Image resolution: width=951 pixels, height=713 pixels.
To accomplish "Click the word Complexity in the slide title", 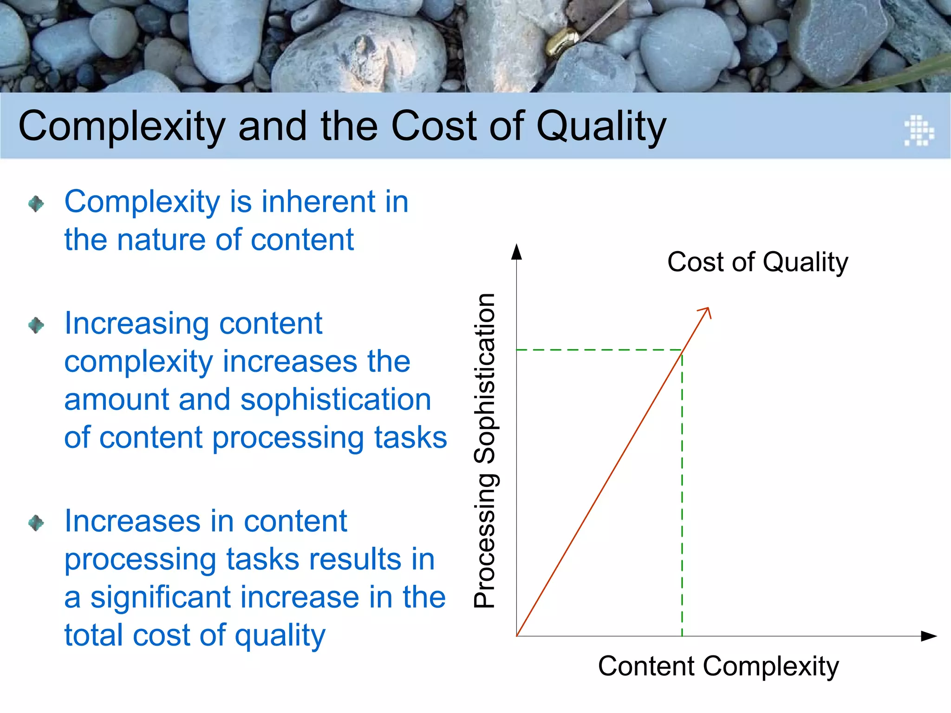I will (x=122, y=126).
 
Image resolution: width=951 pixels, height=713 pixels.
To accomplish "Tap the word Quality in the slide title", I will (x=601, y=126).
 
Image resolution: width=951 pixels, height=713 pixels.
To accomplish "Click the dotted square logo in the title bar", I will (x=919, y=130).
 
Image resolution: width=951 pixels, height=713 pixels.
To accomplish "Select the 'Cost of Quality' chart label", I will (x=757, y=262).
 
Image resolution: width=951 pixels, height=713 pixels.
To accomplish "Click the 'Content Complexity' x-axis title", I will (x=718, y=666).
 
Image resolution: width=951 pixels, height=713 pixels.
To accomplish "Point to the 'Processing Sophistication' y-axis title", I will (x=485, y=450).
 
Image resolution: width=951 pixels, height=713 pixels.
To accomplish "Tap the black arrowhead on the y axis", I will (x=516, y=252).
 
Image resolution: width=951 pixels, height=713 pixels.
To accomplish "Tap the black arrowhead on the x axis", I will (x=929, y=636).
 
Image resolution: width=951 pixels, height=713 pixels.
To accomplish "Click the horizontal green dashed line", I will (x=599, y=350).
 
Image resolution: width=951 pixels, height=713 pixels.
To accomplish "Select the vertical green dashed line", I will (x=682, y=492).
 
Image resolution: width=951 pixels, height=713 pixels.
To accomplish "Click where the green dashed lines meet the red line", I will (x=682, y=351).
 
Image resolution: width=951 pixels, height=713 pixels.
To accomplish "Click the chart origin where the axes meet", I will (x=517, y=636).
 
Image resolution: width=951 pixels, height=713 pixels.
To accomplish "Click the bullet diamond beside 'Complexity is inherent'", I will (x=36, y=203).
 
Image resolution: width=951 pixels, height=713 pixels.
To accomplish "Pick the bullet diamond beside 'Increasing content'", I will (x=36, y=325).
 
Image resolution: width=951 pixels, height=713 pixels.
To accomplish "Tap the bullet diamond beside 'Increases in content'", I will (x=36, y=523).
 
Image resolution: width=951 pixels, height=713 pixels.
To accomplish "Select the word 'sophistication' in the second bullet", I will (x=336, y=400).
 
